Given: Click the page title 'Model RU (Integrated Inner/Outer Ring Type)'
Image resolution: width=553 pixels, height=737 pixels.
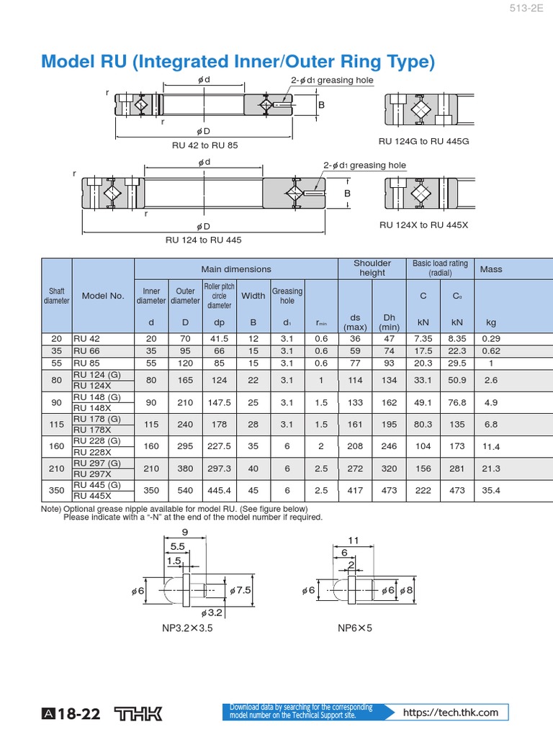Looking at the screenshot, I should pos(238,62).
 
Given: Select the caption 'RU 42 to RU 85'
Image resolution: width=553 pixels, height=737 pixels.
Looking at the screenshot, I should pos(205,145).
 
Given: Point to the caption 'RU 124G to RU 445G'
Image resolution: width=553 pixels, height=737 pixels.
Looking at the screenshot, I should pos(423,141).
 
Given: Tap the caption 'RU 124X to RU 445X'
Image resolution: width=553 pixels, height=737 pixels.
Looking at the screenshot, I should pos(423,225).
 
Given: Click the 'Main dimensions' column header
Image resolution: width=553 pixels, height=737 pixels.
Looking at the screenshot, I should pos(236,269).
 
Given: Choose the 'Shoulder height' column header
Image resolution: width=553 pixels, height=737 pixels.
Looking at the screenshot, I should pos(372,268).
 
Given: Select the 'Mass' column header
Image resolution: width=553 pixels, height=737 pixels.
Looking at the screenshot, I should pos(491,269).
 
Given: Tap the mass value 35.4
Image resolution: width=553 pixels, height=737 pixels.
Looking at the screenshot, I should pos(491,490).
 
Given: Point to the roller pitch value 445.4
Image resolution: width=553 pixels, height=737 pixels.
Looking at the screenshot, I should pos(219,490).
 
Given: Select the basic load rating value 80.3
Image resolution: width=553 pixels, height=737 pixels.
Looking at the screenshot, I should pos(423,425).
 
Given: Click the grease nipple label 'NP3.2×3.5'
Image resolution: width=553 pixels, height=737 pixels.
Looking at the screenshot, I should pos(187,628).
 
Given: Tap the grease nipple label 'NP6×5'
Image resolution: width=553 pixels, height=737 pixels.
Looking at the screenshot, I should pos(355,628).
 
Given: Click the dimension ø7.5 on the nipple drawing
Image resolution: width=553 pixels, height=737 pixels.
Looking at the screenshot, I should pos(242,590).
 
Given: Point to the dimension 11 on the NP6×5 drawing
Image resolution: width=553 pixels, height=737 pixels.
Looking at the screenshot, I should pos(354,540).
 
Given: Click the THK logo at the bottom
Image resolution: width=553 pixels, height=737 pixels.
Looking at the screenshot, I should pos(140,713).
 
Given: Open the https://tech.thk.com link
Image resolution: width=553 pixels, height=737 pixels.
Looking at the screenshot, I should pos(451,713).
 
